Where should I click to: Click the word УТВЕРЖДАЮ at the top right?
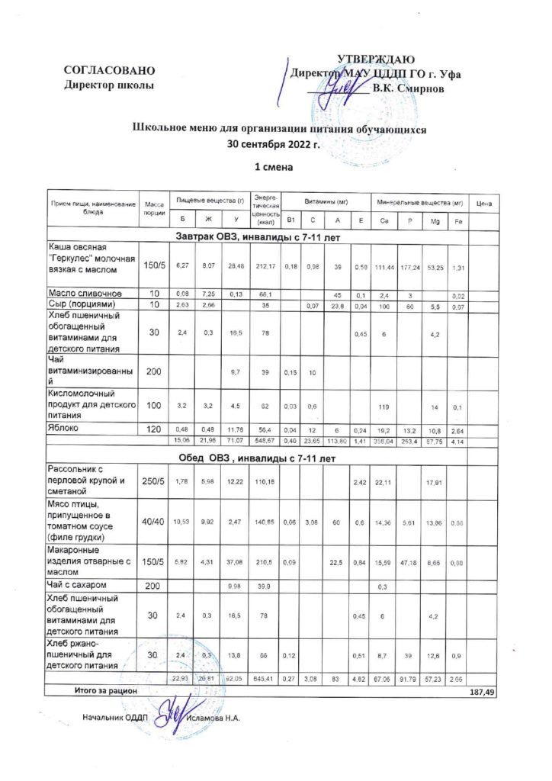pos(376,60)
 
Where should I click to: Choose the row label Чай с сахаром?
pos(79,585)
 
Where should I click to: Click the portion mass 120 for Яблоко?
pos(154,429)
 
